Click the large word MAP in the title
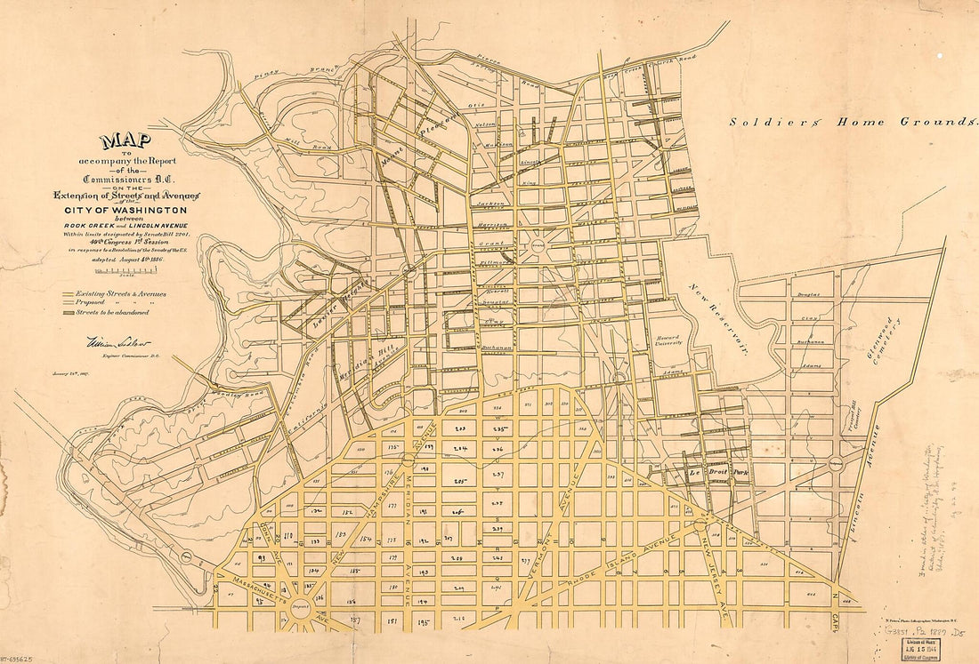tap(125, 140)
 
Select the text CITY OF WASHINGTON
tap(125, 210)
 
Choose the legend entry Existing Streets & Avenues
tap(114, 293)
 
